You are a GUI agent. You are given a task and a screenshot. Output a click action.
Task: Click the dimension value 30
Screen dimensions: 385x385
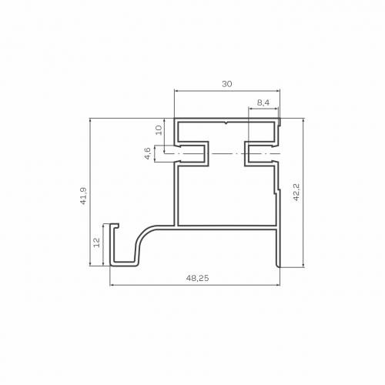[x=227, y=84]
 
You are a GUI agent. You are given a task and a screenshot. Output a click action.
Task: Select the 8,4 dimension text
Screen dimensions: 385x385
[x=263, y=102]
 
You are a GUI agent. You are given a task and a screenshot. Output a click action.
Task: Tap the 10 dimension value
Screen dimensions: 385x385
[x=159, y=130]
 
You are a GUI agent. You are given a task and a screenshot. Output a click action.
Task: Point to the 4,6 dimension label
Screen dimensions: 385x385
[x=148, y=153]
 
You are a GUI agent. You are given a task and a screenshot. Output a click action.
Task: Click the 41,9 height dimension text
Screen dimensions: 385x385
[x=84, y=196]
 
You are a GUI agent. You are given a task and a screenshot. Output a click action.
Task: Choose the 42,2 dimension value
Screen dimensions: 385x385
[x=296, y=192]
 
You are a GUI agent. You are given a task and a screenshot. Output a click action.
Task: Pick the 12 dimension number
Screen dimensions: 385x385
[x=97, y=243]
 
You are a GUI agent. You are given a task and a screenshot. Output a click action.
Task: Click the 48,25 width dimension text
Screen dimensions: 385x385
[x=198, y=278]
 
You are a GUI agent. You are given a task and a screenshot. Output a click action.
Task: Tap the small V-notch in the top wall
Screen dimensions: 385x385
[x=226, y=123]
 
